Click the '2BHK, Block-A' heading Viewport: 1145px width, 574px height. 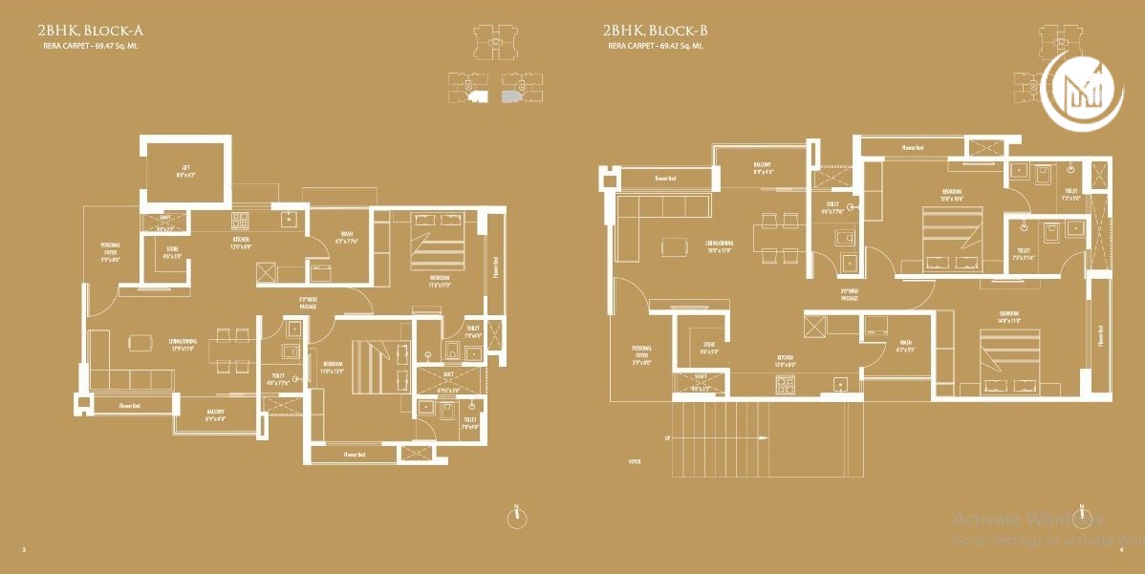(x=92, y=32)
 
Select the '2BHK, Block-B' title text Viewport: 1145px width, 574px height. (x=656, y=32)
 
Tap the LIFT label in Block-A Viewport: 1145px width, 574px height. (x=184, y=172)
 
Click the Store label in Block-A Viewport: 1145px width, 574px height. (x=171, y=253)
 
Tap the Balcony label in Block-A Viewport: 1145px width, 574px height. (x=215, y=415)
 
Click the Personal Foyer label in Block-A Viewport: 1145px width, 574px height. (x=111, y=252)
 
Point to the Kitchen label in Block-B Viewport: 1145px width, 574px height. (x=784, y=362)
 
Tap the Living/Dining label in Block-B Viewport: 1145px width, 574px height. (x=717, y=246)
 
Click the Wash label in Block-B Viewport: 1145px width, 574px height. (x=904, y=347)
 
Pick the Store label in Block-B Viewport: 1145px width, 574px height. (x=708, y=349)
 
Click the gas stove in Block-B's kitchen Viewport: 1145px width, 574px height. (x=787, y=385)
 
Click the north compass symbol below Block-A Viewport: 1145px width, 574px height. (x=516, y=517)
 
